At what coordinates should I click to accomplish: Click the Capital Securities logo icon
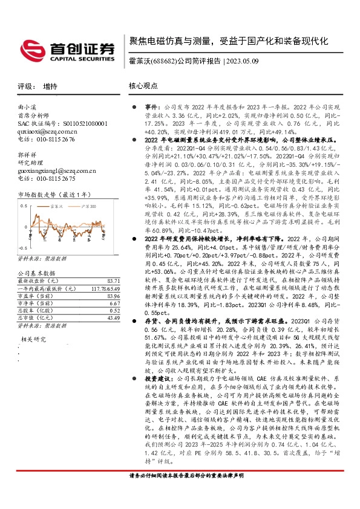point(31,48)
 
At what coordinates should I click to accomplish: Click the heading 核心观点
point(142,86)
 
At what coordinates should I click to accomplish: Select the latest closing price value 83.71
point(113,281)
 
